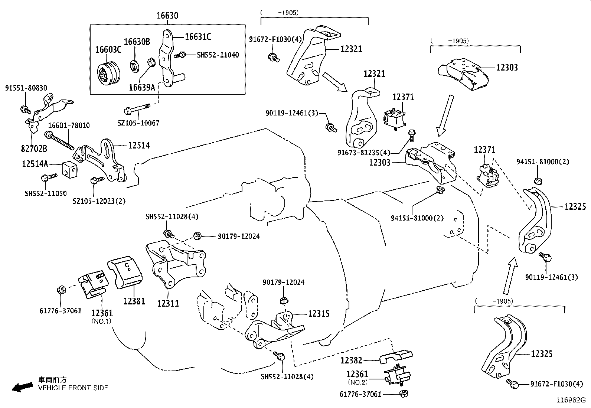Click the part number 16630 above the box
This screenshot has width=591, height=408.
point(167,16)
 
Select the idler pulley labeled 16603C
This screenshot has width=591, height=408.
point(108,74)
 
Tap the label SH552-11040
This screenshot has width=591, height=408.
point(218,55)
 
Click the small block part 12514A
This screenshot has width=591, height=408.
point(71,169)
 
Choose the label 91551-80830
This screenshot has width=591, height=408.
point(26,88)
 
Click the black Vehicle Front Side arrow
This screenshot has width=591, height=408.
point(22,388)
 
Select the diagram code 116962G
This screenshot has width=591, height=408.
point(570,400)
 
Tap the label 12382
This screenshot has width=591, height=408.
point(351,360)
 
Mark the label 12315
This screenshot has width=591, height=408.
point(319,314)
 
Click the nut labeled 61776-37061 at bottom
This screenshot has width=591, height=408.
point(402,394)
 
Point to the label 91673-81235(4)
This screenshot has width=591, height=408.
point(364,153)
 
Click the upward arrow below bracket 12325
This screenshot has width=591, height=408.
point(509,275)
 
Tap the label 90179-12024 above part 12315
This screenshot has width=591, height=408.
point(284,283)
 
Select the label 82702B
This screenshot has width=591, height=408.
point(33,149)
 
